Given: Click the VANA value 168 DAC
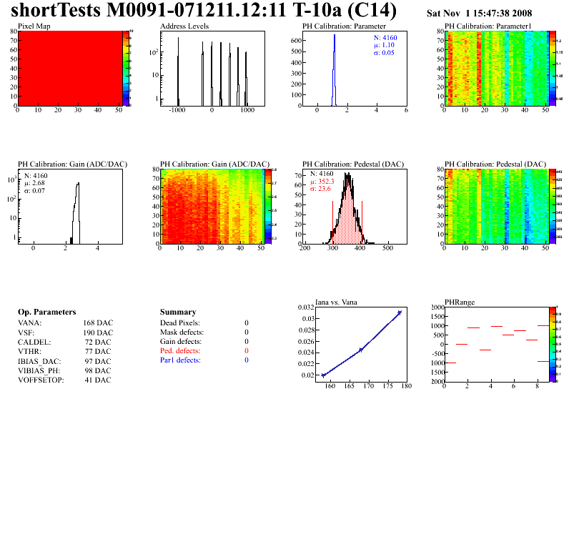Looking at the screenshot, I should pos(97,323).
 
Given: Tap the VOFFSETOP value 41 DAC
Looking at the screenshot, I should pos(97,380).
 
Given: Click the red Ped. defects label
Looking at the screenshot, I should pos(180,351).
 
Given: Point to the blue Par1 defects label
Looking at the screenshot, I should pos(180,360).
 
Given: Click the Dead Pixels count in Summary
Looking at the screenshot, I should pos(247,323).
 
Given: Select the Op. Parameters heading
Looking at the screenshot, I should pos(46,312).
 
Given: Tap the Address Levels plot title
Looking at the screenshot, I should pos(184,26).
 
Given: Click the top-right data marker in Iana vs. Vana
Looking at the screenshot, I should pos(400,312).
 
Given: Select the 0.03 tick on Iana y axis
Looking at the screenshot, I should pos(307,318).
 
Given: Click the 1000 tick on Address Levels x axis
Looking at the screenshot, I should pos(247,111).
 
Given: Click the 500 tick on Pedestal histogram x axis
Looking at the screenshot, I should pos(387,249).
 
